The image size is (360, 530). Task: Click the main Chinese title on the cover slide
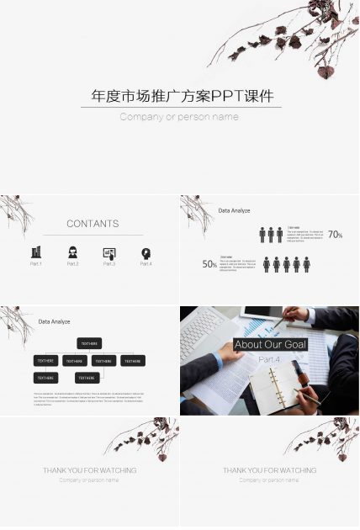click(182, 96)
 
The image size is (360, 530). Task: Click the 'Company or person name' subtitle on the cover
click(179, 117)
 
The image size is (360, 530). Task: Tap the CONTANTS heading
click(93, 224)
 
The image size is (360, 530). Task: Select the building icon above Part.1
click(36, 252)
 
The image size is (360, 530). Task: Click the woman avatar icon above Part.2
click(73, 252)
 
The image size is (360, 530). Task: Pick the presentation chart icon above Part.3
click(109, 252)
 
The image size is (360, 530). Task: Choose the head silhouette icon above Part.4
click(146, 252)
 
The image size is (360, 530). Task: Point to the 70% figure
click(335, 235)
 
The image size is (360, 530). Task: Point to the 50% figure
click(209, 264)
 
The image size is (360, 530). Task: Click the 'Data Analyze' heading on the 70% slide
click(234, 210)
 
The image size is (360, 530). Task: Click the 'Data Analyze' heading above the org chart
click(54, 321)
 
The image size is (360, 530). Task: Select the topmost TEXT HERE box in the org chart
click(88, 343)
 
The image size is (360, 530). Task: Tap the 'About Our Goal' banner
click(270, 344)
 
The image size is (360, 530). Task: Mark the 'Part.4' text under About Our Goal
click(269, 359)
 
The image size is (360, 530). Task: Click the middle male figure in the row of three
click(271, 235)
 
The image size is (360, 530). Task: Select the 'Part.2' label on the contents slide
click(73, 264)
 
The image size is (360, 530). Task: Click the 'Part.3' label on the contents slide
click(109, 264)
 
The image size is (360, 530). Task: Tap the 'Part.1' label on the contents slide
click(36, 264)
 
